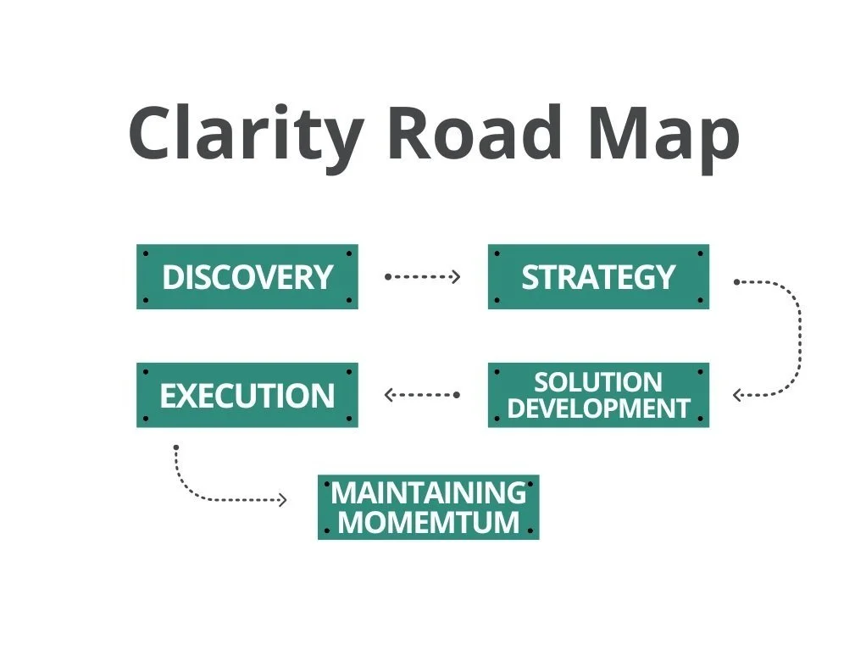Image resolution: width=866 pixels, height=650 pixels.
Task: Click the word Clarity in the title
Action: [x=245, y=134]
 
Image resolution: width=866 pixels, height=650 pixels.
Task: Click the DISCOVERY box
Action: [x=247, y=277]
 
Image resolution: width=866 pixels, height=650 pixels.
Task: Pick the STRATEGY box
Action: [x=598, y=277]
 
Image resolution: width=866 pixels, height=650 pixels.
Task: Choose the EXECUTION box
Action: [x=247, y=396]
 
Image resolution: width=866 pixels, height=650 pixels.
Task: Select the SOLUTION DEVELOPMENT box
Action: [x=598, y=395]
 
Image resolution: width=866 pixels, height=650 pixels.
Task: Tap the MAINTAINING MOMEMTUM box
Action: [x=428, y=507]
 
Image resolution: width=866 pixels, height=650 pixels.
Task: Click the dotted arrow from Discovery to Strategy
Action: [x=423, y=276]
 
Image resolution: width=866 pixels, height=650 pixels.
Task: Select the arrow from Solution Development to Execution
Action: [x=421, y=394]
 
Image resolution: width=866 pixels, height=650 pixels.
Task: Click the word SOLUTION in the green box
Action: [x=598, y=382]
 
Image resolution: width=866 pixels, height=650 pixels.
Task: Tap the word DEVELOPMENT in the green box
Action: [x=598, y=408]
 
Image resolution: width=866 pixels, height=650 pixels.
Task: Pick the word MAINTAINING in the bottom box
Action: [x=428, y=492]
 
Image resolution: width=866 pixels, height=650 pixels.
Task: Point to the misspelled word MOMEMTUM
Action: [x=428, y=521]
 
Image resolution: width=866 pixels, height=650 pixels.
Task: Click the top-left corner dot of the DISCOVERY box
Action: [x=146, y=253]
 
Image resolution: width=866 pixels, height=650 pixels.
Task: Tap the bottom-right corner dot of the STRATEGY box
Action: [x=700, y=300]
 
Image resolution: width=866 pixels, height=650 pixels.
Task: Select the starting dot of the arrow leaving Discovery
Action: [x=387, y=276]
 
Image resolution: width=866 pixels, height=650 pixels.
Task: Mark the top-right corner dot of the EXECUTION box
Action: [x=349, y=372]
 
